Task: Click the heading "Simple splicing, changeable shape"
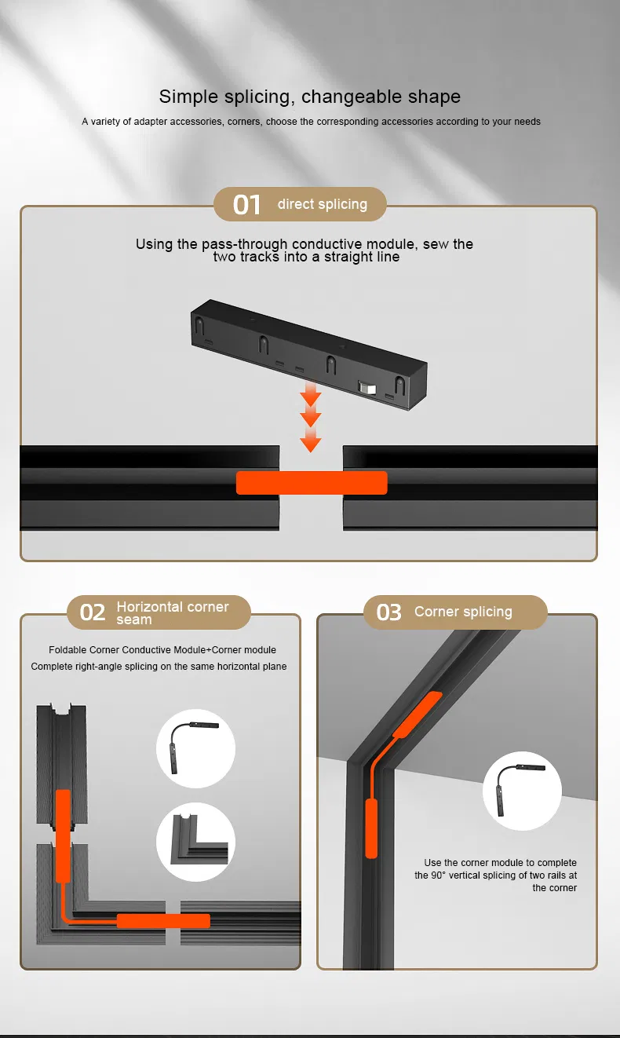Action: (x=309, y=97)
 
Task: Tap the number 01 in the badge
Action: (x=246, y=205)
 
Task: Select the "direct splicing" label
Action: (x=322, y=204)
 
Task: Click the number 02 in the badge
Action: (x=93, y=612)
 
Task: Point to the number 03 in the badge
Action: (x=388, y=612)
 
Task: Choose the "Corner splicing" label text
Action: (x=463, y=612)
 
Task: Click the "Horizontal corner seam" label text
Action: (x=173, y=612)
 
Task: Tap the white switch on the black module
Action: (x=366, y=387)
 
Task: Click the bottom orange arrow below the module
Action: (x=311, y=444)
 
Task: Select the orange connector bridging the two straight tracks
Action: (x=312, y=483)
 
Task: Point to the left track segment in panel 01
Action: (x=149, y=487)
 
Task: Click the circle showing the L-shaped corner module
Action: (x=196, y=842)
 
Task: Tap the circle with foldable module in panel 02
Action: (x=196, y=748)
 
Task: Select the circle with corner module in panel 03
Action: (x=522, y=791)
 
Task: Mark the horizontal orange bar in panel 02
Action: (x=163, y=920)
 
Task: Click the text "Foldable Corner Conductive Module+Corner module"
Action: (x=162, y=650)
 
